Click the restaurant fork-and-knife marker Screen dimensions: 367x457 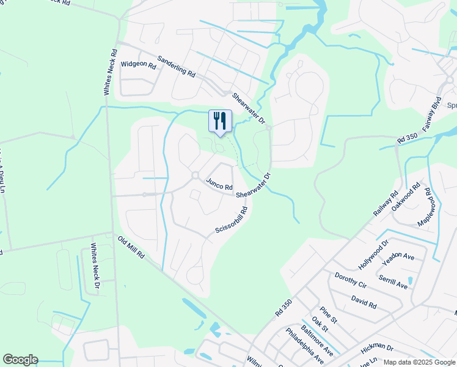[220, 120]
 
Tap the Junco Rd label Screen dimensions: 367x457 [220, 183]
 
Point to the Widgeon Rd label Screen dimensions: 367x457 [138, 64]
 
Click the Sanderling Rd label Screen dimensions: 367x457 [176, 66]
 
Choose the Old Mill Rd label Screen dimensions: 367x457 [131, 248]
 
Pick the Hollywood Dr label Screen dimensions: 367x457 [374, 254]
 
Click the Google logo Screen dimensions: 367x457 [20, 360]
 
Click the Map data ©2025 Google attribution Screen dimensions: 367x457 [419, 362]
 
